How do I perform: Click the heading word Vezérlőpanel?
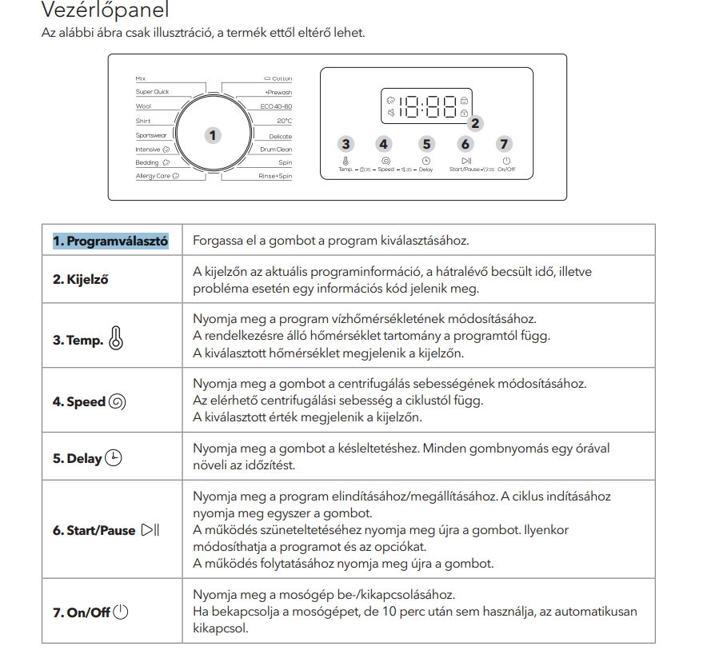coord(105,11)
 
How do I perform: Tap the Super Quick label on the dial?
coord(152,93)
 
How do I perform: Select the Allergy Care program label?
coord(153,176)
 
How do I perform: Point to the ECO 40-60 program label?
coord(276,106)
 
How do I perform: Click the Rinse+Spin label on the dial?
coord(274,176)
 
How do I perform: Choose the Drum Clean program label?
coord(276,149)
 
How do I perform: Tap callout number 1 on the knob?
coord(212,135)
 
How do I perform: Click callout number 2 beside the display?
coord(476,123)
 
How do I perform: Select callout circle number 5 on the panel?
coord(426,144)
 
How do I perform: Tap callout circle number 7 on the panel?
coord(503,144)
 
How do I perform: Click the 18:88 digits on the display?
coord(425,106)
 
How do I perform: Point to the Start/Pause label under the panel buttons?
coord(465,169)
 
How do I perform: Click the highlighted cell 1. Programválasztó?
coord(110,241)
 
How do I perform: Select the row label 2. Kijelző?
coord(81,280)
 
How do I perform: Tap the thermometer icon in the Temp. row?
coord(116,339)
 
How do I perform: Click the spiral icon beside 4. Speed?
coord(117,401)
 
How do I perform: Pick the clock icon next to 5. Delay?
coord(114,458)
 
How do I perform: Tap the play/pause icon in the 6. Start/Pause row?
coord(150,530)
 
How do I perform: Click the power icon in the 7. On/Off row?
coord(121,612)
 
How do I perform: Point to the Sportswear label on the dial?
coord(150,135)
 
